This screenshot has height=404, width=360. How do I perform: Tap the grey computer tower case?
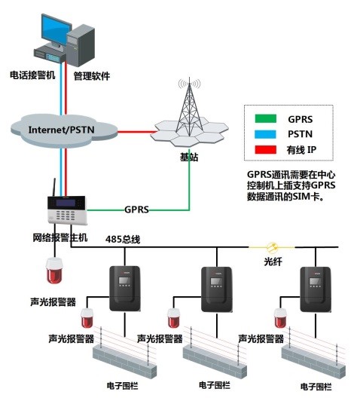[81, 46]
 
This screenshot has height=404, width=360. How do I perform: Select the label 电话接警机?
[32, 75]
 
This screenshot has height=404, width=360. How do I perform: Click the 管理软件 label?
[92, 76]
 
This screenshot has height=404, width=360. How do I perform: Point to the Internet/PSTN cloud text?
[61, 130]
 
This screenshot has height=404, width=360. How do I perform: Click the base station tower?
[189, 111]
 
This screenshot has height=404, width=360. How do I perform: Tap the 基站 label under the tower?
[189, 158]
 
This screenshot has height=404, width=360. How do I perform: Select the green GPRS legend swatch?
[266, 118]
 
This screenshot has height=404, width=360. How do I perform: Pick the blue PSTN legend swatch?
[266, 134]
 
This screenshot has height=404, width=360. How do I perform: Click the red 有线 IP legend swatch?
[266, 150]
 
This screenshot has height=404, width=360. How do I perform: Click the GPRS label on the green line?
[136, 210]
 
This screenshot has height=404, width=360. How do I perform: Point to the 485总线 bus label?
[123, 239]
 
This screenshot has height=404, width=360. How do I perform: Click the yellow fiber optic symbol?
[272, 247]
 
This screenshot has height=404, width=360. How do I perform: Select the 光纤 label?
[273, 262]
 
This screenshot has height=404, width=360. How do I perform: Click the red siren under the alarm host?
[54, 270]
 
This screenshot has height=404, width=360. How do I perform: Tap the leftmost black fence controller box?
[125, 289]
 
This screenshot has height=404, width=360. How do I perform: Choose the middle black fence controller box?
[217, 289]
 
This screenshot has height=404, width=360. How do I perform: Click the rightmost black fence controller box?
[316, 289]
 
